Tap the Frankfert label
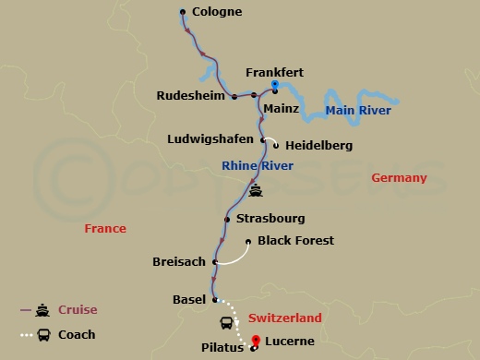tap(275, 72)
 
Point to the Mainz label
tap(282, 108)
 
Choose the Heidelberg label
tap(319, 146)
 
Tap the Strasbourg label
tap(270, 219)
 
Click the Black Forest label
tap(296, 241)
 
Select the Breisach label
tap(179, 262)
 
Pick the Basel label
tap(189, 299)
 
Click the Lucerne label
tap(291, 342)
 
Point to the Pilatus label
tap(222, 348)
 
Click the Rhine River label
tap(258, 165)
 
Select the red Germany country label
tap(398, 178)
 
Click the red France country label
tap(104, 228)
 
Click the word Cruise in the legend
tap(78, 309)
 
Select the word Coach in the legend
tap(77, 335)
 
